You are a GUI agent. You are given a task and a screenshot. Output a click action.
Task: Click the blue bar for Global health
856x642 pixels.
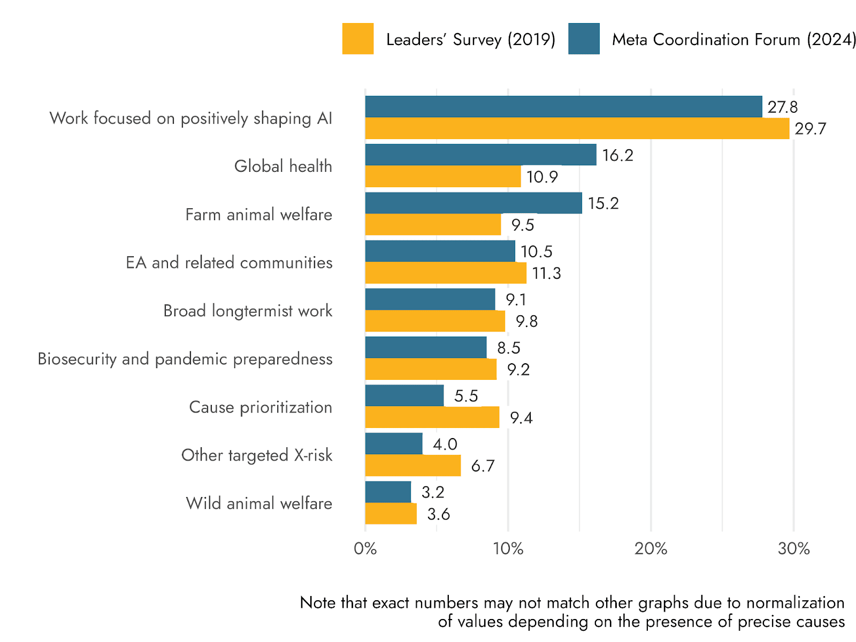coord(480,155)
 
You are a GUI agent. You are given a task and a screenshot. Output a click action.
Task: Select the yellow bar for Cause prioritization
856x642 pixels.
coord(432,417)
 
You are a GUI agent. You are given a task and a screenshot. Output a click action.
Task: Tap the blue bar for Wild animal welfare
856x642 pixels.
coord(388,492)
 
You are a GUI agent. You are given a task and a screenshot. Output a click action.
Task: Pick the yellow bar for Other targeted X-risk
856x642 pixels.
coord(413,465)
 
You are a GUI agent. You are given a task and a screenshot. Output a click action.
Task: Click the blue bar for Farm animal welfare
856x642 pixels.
coord(473,203)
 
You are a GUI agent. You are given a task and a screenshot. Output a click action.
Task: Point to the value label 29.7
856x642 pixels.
coord(810,129)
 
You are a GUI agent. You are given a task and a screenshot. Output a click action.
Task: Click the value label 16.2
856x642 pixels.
coord(617,155)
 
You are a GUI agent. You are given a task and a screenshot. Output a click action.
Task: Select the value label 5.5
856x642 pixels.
coord(466,396)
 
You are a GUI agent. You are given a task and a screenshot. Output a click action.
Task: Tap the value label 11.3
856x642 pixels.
coord(546,273)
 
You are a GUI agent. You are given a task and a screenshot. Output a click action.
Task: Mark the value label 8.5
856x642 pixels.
coord(508,348)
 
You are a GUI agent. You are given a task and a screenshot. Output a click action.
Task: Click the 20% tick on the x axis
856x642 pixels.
coord(651,548)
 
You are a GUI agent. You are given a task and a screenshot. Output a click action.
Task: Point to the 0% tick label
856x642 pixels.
coord(365,548)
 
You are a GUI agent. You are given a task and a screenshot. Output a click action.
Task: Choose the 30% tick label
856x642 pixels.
coord(793,548)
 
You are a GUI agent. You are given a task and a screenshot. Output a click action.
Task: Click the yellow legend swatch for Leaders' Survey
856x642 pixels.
coord(358,39)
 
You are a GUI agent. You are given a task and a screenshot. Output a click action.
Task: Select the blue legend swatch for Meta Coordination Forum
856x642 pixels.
coord(584,39)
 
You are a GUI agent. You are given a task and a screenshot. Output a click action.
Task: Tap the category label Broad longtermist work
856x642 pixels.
coord(248,311)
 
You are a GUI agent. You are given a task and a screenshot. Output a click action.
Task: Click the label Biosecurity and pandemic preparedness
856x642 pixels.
coord(185,359)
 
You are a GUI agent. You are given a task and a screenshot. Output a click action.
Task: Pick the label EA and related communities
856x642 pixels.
coord(229,263)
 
